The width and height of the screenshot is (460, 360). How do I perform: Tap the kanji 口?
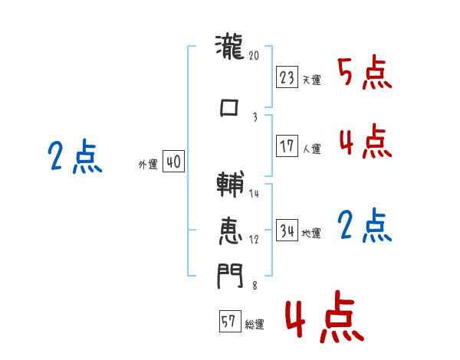pos(229,108)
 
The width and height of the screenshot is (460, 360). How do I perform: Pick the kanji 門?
pos(229,274)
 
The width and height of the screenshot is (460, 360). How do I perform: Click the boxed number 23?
pos(287,77)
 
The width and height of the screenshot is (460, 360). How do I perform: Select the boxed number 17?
pos(287,146)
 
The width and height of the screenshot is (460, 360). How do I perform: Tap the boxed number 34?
pos(287,231)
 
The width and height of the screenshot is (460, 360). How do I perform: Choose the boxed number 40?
pos(173,162)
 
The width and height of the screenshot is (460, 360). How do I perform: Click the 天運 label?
pos(311,80)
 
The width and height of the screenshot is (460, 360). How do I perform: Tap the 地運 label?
pos(311,233)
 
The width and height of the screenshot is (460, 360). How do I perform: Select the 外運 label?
pos(148,164)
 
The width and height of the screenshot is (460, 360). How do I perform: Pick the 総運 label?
pos(255,325)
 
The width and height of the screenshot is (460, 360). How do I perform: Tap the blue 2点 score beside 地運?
pos(364,226)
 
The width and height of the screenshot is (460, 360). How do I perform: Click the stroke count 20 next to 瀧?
pos(255,55)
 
